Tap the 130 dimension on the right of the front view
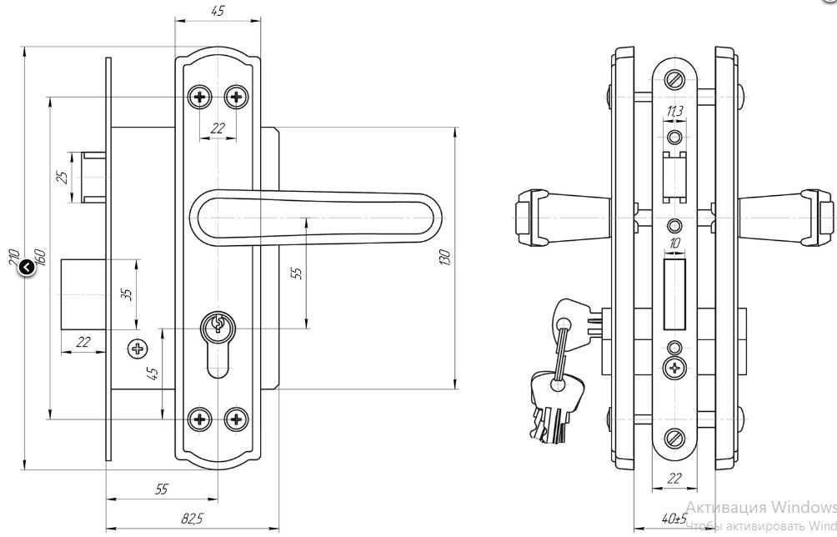(x=446, y=258)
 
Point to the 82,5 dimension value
(x=192, y=518)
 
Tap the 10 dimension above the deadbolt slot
(x=674, y=243)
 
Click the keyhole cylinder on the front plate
(x=218, y=324)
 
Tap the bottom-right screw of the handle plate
(x=237, y=419)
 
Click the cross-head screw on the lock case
(x=137, y=348)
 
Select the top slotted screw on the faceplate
(x=674, y=80)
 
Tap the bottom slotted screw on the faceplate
(x=674, y=436)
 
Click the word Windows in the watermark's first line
(x=802, y=507)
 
